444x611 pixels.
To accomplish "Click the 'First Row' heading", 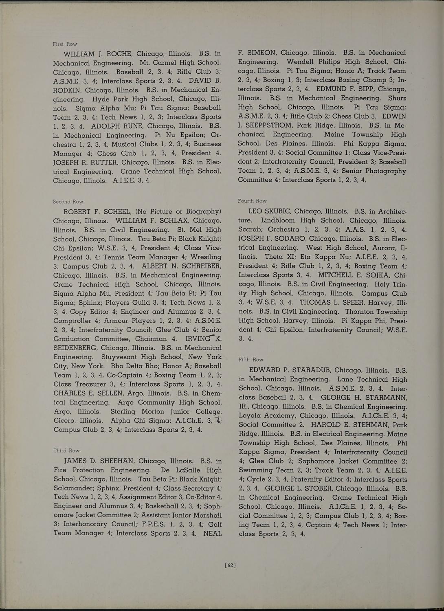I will point(65,44).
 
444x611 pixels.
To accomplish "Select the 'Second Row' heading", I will point(68,202).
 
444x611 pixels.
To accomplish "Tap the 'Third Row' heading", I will point(66,451).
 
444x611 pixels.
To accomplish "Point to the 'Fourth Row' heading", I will point(252,201).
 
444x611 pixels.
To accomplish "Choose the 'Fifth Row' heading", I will point(251,360).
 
